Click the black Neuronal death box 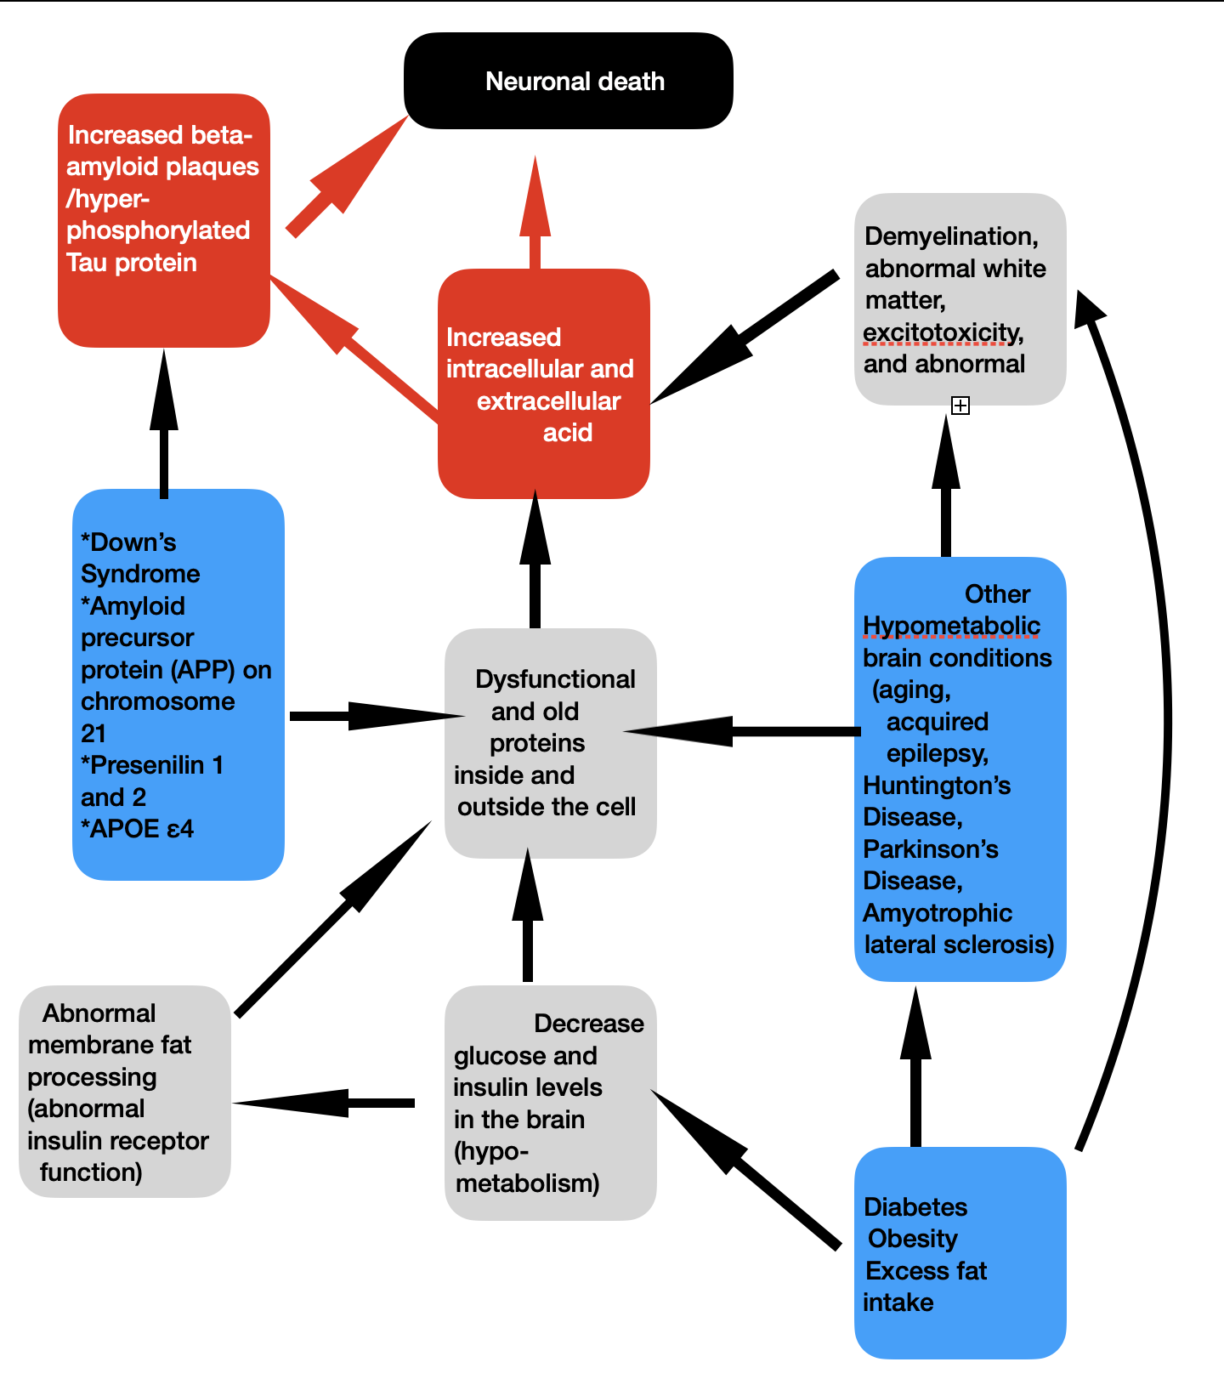568,82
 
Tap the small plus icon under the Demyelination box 960,406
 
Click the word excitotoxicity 942,332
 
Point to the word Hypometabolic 951,626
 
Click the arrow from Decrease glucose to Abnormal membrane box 331,1103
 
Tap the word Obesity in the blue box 913,1239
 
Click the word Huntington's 937,786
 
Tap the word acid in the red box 567,433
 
